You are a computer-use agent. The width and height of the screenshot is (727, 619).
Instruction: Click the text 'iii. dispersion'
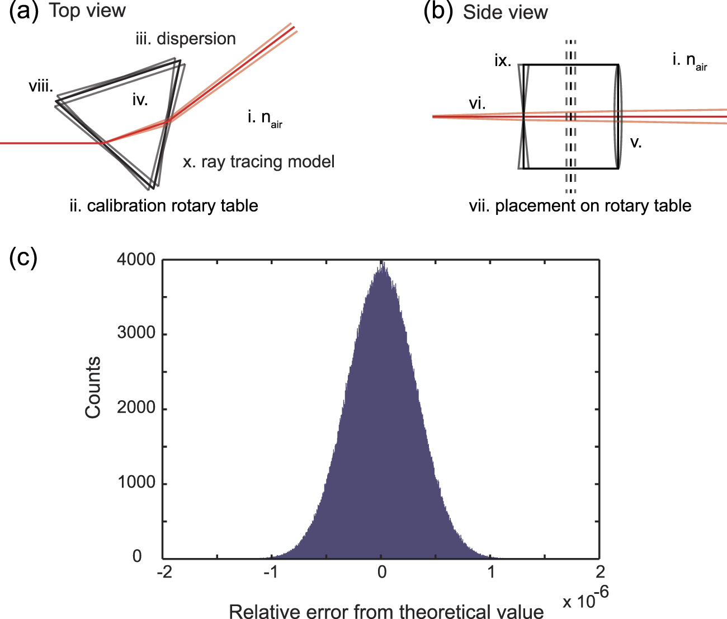pos(185,39)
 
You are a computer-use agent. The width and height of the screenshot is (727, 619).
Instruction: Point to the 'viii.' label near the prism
pos(41,86)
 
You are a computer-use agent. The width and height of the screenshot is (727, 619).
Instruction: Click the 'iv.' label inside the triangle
pos(140,100)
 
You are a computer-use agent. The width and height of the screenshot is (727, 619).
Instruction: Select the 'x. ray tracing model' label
pos(258,162)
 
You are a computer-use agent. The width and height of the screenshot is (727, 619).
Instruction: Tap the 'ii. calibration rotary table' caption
pos(164,205)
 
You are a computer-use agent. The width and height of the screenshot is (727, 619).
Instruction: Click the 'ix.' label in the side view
pos(503,60)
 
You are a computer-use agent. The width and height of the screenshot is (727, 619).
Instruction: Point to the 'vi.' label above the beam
pos(477,103)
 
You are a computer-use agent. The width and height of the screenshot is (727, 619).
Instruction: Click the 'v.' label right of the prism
pos(636,142)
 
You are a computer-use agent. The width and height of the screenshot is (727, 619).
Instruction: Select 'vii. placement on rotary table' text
pos(580,205)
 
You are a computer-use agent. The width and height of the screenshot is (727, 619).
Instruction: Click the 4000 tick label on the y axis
pos(136,259)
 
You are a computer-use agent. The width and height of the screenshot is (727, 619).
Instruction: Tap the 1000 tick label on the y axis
pos(136,482)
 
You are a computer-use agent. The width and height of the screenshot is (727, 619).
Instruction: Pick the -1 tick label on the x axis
pos(271,572)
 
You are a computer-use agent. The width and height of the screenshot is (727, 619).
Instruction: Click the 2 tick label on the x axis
pos(600,572)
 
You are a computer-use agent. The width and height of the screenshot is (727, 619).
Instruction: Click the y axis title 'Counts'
pos(93,387)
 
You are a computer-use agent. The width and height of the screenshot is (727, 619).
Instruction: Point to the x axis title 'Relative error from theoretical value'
pos(386,611)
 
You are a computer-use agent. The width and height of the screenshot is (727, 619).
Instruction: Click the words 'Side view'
pos(505,12)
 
